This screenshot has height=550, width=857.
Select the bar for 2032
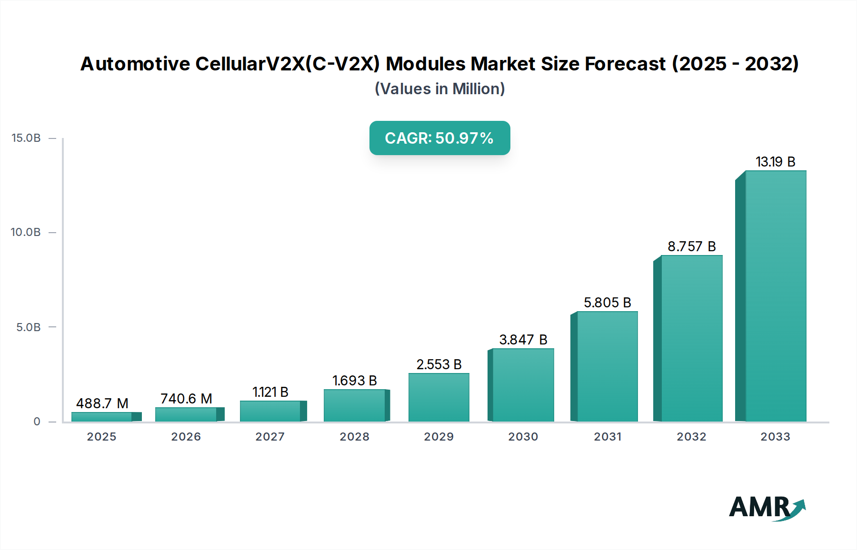691,338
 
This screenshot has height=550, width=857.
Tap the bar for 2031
607,366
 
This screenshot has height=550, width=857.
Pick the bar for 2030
523,385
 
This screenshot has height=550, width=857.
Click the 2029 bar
438,397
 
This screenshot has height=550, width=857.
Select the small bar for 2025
101,417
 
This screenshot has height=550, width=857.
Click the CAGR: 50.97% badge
439,138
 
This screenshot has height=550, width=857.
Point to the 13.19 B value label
775,162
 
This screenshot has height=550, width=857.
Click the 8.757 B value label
691,246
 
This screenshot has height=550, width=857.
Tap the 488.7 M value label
102,403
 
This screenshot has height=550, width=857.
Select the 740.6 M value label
186,399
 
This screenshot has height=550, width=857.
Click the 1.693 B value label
354,381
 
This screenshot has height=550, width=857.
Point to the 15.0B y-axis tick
26,138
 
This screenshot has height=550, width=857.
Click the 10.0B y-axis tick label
26,232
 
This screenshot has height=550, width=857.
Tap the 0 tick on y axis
37,422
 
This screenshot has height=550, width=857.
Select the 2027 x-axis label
270,437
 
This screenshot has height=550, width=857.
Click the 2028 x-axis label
354,437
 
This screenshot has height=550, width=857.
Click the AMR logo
767,508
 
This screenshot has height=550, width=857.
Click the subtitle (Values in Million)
439,89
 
